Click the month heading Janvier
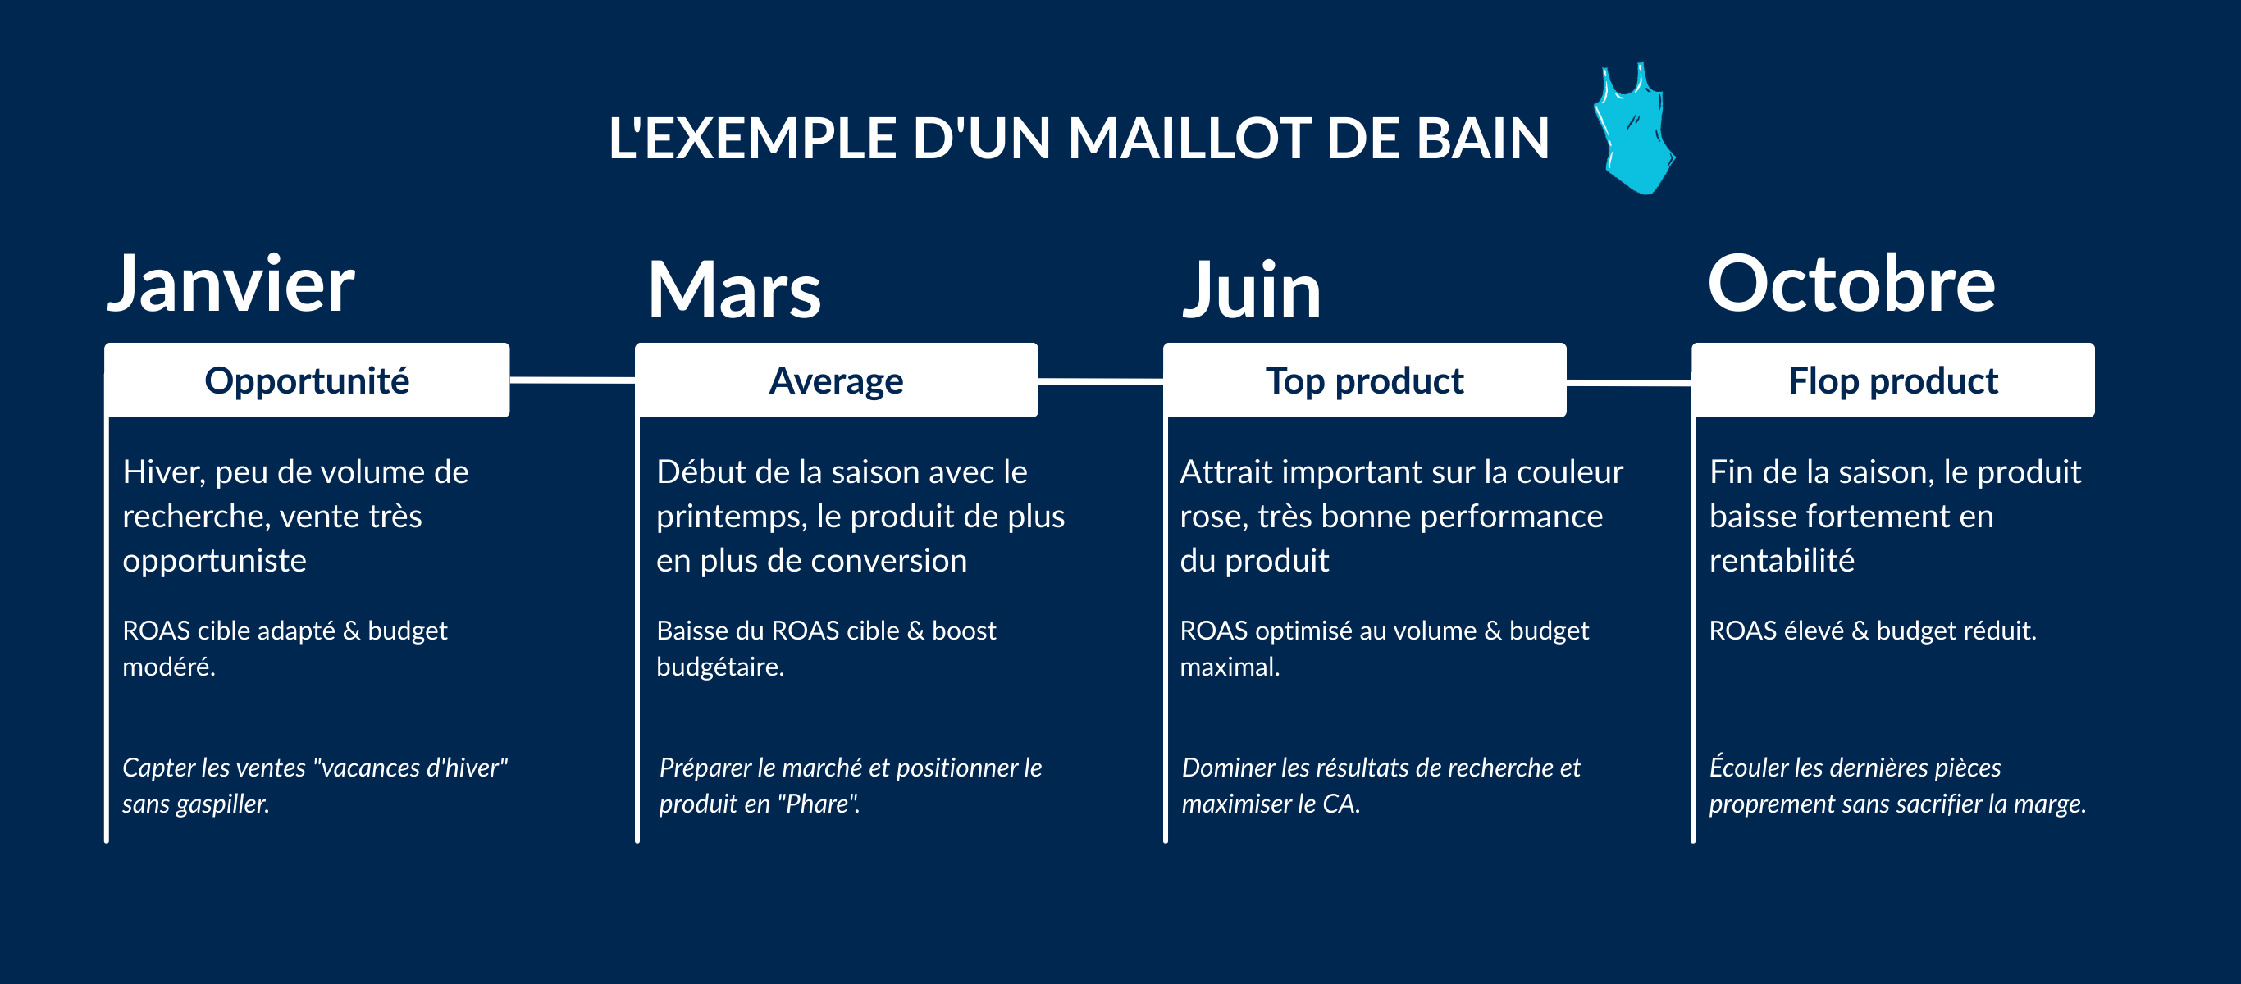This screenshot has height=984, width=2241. [x=230, y=284]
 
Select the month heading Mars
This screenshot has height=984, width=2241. [x=734, y=289]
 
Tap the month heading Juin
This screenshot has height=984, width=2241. [x=1252, y=289]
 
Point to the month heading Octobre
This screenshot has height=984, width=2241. [x=1851, y=284]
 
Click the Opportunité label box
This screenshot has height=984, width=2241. [x=307, y=380]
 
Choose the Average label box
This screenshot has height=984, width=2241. [x=836, y=380]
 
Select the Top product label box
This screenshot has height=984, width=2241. [x=1364, y=380]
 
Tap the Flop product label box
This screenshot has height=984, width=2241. [x=1893, y=380]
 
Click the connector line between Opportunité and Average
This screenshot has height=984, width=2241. [x=573, y=380]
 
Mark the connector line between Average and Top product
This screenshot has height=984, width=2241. [x=1101, y=380]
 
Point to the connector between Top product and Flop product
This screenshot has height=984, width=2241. [x=1628, y=381]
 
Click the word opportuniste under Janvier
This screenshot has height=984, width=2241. [x=215, y=562]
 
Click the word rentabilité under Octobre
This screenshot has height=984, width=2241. [x=1782, y=560]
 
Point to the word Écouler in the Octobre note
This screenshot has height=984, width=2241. [x=1749, y=766]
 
